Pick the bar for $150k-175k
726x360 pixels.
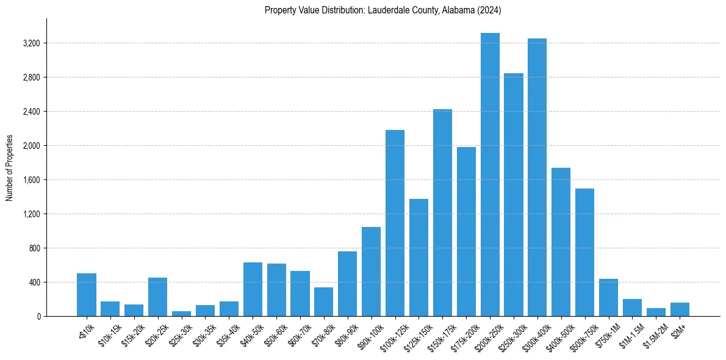(x=442, y=213)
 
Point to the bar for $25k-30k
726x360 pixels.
(x=181, y=314)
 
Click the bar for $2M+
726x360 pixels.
(x=680, y=309)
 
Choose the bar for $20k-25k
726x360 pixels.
(x=157, y=297)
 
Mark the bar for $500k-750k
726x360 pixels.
(x=585, y=253)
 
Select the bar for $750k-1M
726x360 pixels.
(x=608, y=298)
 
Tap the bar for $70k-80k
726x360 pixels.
(x=324, y=302)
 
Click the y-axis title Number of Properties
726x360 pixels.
(x=10, y=168)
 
